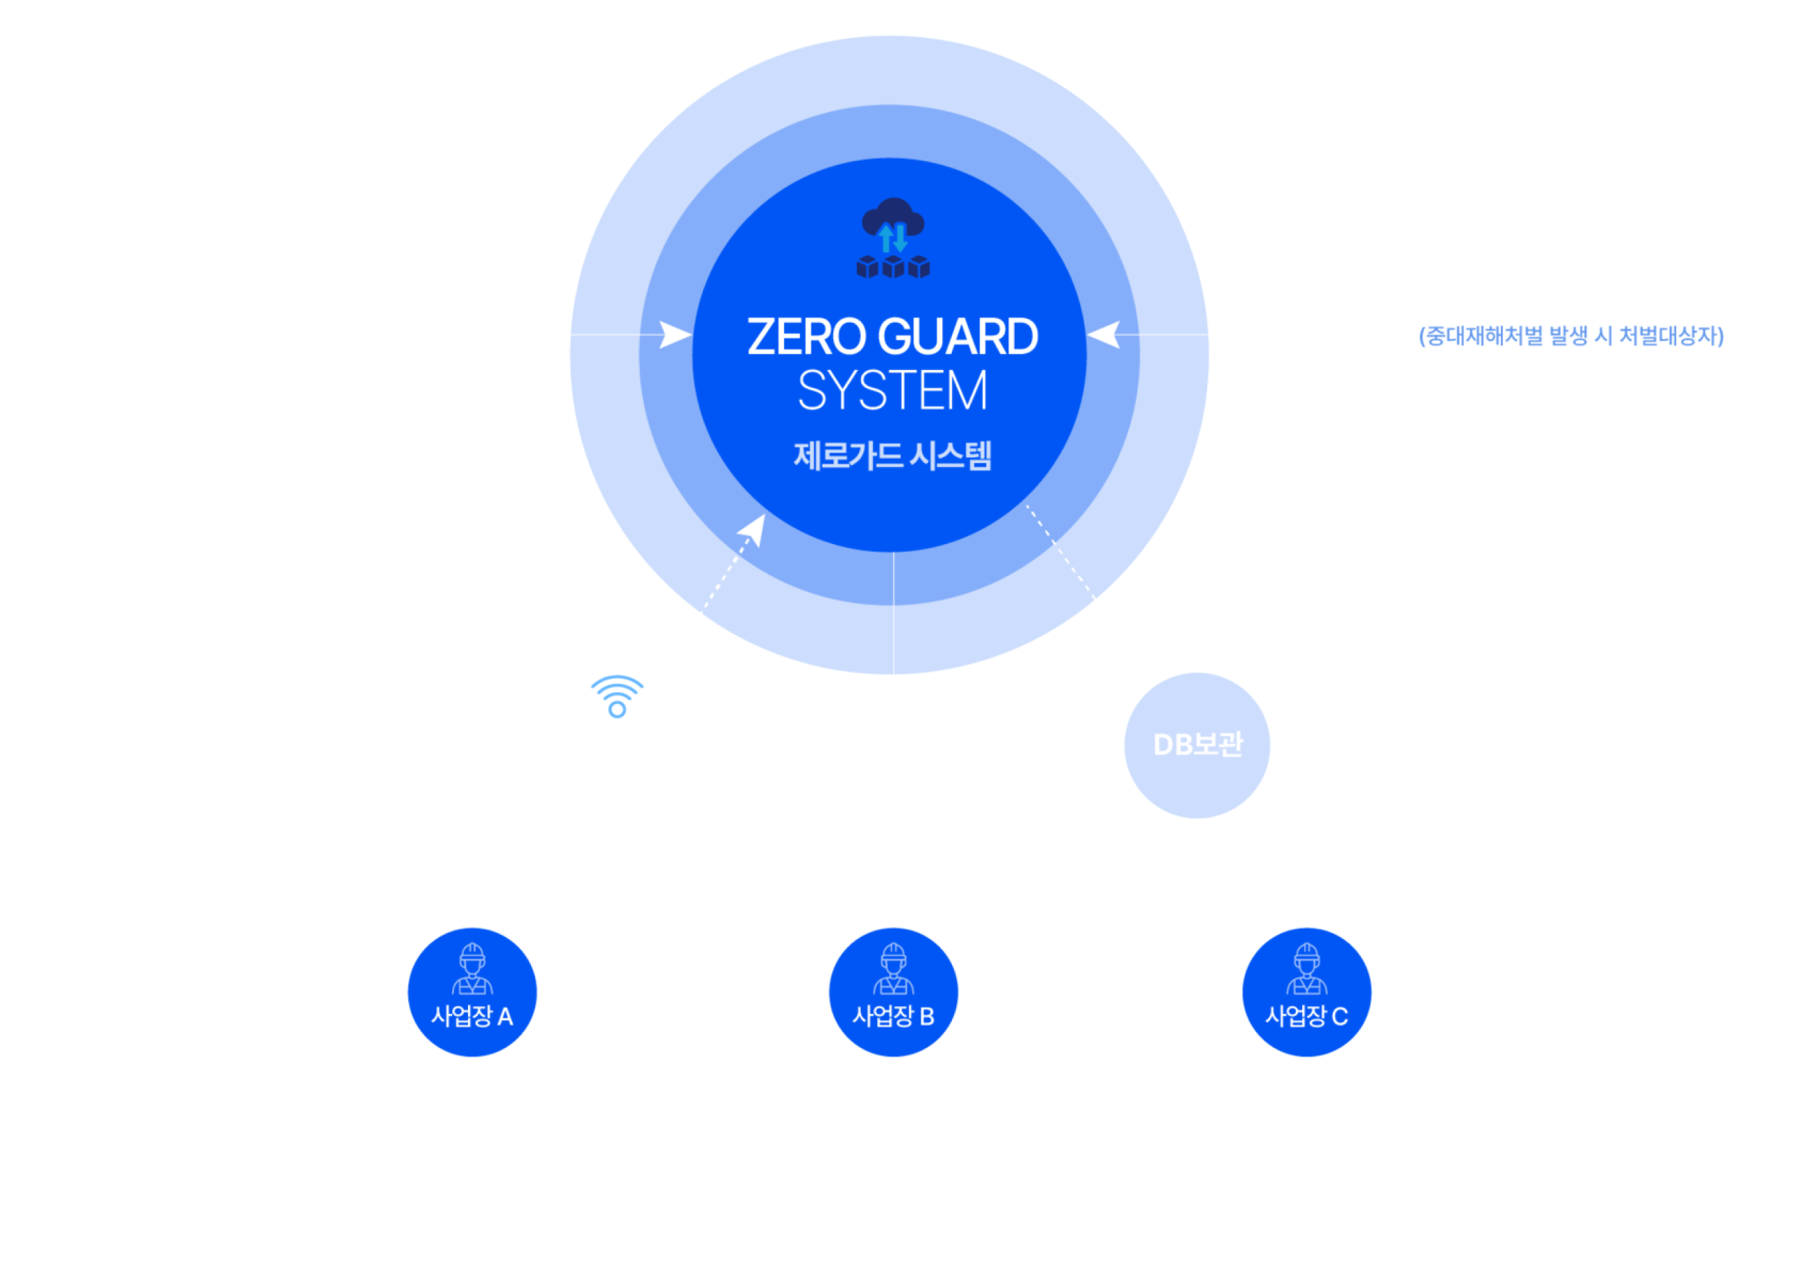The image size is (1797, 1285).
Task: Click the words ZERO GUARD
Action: pyautogui.click(x=892, y=337)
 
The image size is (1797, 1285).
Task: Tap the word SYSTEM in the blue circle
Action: pyautogui.click(x=892, y=391)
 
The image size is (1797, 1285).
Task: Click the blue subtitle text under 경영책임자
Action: pyautogui.click(x=1571, y=335)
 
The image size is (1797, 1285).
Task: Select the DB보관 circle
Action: pyautogui.click(x=1197, y=744)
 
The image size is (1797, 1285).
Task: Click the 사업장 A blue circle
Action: pyautogui.click(x=472, y=991)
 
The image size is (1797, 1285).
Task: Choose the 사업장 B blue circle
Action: pyautogui.click(x=894, y=991)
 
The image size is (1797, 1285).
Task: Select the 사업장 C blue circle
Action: pyautogui.click(x=1306, y=991)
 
